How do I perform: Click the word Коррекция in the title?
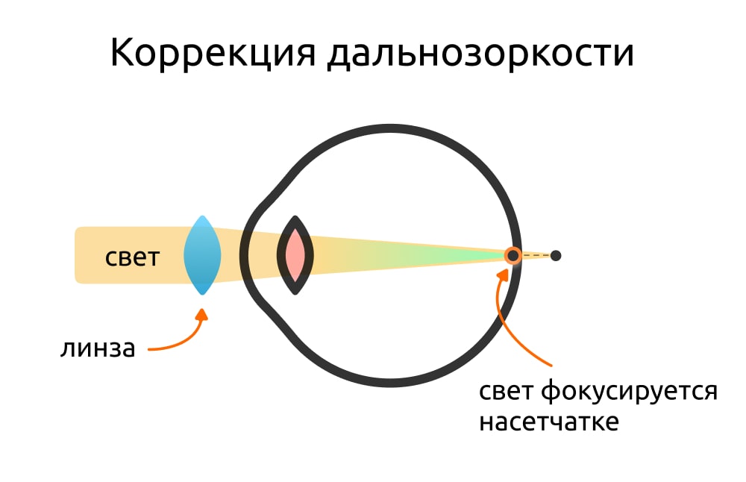[213, 53]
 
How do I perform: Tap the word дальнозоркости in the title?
[480, 53]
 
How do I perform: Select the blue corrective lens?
[202, 255]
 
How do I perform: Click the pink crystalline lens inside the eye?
[295, 255]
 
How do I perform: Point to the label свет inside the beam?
[132, 257]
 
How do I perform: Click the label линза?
[98, 348]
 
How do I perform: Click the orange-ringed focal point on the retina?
[513, 256]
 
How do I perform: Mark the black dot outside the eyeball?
[556, 256]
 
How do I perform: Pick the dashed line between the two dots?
[536, 256]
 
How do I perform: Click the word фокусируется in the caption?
[630, 392]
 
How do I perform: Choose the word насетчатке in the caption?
[549, 422]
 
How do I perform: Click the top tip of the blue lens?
[203, 216]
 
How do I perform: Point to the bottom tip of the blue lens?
[202, 295]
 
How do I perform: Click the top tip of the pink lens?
[295, 216]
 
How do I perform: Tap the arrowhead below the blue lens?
[203, 314]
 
